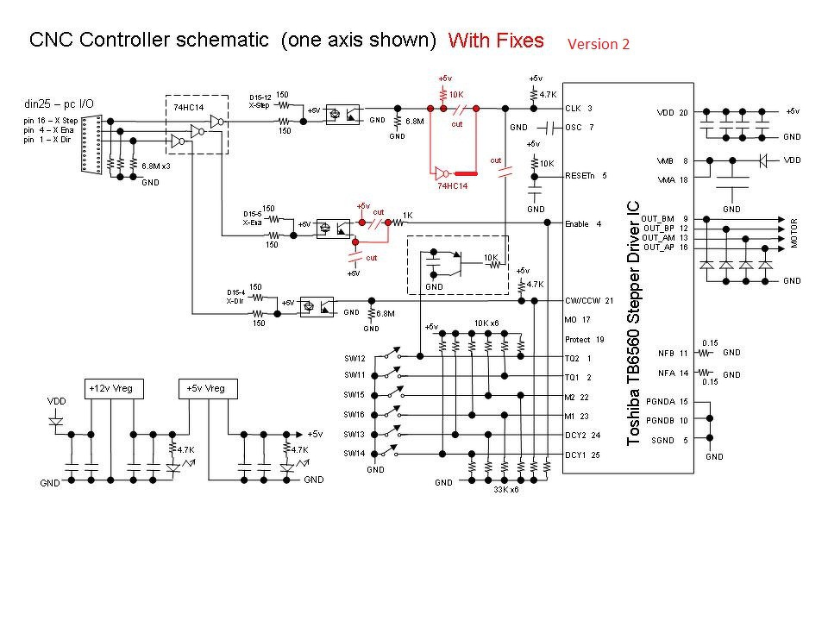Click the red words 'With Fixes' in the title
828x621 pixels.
496,40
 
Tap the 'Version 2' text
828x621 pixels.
598,44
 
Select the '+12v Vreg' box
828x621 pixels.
111,388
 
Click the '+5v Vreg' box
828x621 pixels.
205,388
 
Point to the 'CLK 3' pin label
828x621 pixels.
578,109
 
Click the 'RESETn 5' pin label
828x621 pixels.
586,176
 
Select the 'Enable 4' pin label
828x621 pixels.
582,224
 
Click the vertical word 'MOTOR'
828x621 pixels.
795,232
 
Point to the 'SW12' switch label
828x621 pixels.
354,358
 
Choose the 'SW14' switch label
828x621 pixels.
354,453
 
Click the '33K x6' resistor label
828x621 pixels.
506,490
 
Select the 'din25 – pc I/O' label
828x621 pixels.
58,104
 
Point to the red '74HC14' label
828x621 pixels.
453,185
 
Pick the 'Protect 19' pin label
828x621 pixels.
585,339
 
